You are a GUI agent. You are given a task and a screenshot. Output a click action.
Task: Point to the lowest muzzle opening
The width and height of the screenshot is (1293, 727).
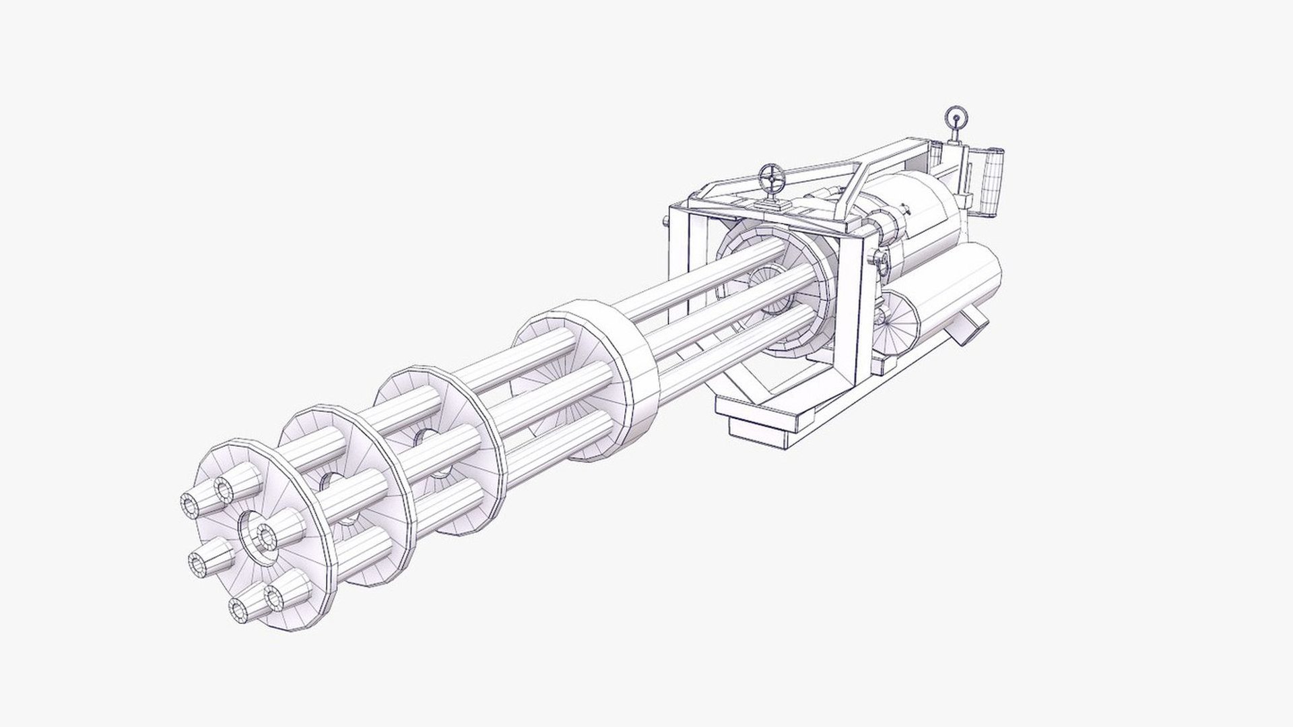239,610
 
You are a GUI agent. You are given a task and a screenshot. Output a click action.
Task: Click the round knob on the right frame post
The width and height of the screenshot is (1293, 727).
875,257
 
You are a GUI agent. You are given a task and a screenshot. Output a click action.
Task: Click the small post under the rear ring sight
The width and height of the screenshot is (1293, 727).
954,135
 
